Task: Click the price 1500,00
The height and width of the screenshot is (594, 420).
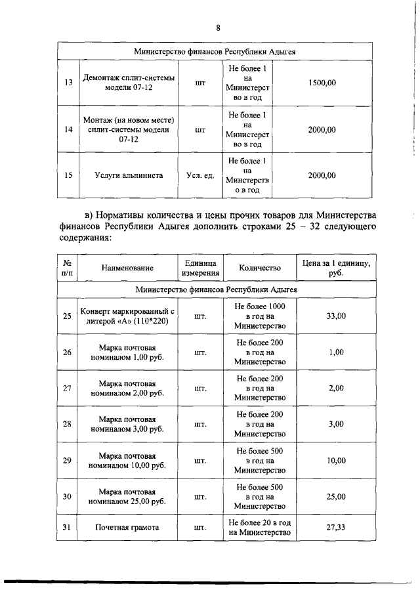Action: click(322, 83)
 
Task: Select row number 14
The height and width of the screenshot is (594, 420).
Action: click(68, 130)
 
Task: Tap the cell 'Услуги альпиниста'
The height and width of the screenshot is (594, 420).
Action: click(128, 175)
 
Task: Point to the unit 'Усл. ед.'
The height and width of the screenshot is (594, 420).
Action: click(200, 175)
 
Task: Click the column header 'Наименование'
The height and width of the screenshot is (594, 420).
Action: click(128, 268)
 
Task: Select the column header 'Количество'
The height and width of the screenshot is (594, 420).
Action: click(260, 268)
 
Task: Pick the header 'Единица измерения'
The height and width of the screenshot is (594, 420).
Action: click(200, 268)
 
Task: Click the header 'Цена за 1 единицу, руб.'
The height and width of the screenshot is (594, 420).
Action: click(336, 268)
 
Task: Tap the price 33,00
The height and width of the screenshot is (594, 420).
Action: click(336, 316)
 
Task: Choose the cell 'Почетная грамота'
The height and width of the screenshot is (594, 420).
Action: click(128, 526)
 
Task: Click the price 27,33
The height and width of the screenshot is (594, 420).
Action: click(336, 526)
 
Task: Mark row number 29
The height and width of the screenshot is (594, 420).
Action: click(68, 460)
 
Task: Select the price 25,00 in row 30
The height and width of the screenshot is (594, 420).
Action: click(336, 497)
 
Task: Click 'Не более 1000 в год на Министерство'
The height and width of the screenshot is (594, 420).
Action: click(260, 316)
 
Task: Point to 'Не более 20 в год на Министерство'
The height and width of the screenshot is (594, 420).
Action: click(260, 526)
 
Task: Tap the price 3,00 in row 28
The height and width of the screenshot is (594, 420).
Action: click(336, 424)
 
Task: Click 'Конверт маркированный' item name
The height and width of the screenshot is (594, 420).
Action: click(128, 316)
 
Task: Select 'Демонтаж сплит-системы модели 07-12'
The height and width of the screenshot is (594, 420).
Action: click(128, 83)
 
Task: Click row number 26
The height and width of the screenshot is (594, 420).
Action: click(68, 352)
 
